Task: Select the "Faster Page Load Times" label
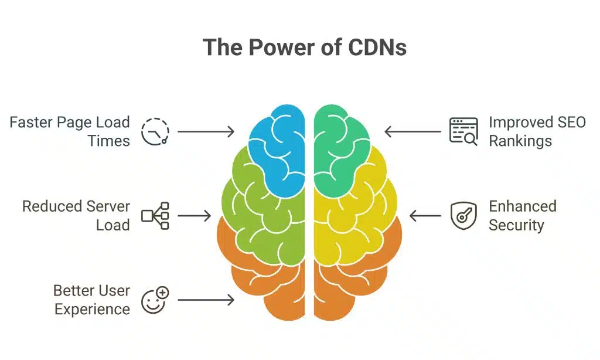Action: tap(70, 131)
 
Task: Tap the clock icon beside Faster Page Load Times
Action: tap(155, 131)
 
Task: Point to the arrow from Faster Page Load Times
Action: tap(206, 131)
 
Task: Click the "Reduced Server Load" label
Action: tap(76, 216)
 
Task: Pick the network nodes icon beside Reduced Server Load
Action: tap(155, 216)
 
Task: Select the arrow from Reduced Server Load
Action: tap(194, 216)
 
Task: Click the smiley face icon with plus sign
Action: tap(155, 300)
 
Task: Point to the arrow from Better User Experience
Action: tap(206, 300)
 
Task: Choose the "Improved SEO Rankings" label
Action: tap(537, 131)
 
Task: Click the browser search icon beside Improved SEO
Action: tap(463, 131)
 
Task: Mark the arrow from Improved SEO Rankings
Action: tap(412, 131)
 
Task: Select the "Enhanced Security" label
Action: tap(522, 216)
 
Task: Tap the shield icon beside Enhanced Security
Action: tap(463, 216)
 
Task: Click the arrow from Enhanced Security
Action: tap(425, 216)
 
